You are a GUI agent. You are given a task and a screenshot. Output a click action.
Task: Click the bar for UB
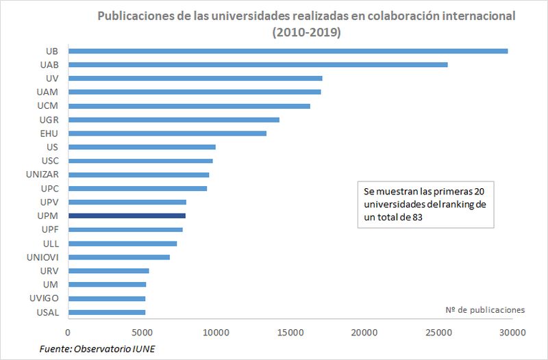coord(288,51)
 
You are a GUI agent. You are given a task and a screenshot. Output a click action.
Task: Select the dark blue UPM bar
coord(127,216)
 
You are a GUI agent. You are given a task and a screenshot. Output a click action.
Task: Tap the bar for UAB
coord(258,64)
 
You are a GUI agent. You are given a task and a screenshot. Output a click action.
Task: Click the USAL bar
coord(107,312)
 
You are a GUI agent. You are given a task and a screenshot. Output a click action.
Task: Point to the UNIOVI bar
coord(119,257)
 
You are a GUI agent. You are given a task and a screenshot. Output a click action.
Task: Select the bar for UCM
coord(189,106)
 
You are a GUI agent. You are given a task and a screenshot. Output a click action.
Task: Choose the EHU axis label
coord(50,133)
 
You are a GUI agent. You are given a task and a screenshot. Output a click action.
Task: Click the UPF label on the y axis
coord(50,229)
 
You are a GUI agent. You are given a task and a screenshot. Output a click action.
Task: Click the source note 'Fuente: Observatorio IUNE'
coord(102,349)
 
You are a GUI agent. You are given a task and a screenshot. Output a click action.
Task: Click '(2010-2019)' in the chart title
coord(307,32)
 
